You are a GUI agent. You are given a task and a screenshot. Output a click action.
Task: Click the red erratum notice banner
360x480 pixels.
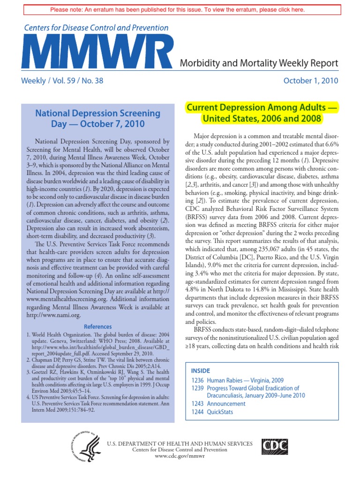(x=180, y=10)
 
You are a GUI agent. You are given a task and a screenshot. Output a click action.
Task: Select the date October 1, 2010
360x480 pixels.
(x=311, y=81)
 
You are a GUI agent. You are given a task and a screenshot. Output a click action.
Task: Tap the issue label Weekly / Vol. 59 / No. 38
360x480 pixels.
(x=62, y=81)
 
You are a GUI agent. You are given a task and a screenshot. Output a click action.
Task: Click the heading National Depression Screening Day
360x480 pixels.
(x=98, y=119)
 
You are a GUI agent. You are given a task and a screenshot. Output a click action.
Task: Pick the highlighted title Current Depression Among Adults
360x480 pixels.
(x=262, y=113)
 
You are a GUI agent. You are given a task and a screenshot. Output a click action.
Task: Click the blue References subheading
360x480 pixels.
(x=97, y=326)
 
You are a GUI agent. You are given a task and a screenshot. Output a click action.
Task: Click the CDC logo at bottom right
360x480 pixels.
(x=276, y=446)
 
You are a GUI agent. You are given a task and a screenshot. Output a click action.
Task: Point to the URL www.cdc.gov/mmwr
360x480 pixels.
(x=180, y=457)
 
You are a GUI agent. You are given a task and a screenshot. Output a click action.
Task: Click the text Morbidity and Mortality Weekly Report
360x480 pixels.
(x=259, y=63)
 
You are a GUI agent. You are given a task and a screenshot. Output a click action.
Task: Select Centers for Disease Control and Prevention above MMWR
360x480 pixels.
(x=96, y=28)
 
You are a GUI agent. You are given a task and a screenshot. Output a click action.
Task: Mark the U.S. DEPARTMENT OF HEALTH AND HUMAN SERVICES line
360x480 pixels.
(x=180, y=443)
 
